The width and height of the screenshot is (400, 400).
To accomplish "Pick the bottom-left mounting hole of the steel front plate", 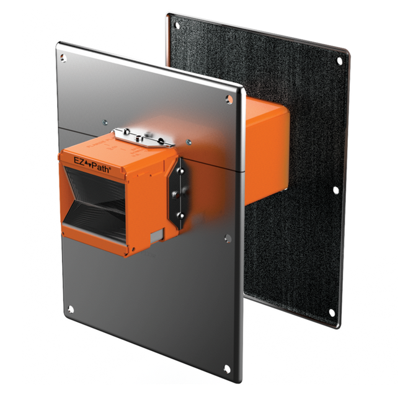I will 70,308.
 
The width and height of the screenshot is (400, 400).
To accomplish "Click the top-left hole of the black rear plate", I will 177,26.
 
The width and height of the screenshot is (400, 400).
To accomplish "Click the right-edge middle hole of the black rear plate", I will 337,190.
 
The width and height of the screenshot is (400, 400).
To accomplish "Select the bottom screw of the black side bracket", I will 180,215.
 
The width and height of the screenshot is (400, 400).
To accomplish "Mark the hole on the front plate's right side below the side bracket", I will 227,238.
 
